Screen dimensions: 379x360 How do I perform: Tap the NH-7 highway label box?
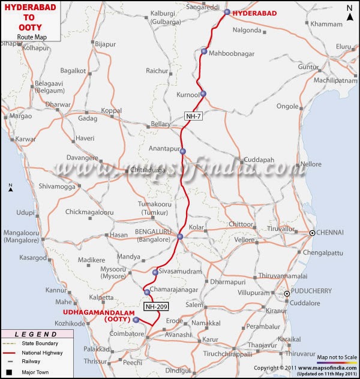(193, 116)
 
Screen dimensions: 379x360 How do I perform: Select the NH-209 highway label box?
(157, 306)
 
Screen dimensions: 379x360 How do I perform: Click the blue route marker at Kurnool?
(203, 94)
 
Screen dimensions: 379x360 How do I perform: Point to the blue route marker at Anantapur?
(183, 151)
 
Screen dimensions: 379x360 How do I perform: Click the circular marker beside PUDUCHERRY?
(287, 293)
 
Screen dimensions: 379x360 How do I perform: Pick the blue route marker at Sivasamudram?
(155, 273)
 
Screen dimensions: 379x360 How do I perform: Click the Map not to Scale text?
(338, 356)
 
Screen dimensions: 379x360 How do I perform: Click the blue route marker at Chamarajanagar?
(147, 292)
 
